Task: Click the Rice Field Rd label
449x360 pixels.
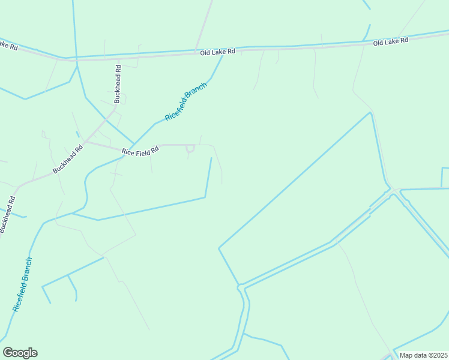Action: click(x=140, y=151)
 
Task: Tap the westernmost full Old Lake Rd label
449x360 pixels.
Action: click(x=217, y=53)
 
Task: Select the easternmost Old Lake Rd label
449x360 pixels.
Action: click(x=390, y=42)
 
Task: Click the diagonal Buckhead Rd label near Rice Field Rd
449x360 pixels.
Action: click(x=67, y=159)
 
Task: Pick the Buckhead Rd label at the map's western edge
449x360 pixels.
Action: click(x=7, y=214)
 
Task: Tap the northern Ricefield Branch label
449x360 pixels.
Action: click(x=186, y=101)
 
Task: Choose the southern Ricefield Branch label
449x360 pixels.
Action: click(x=22, y=284)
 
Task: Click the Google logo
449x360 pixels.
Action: click(x=20, y=353)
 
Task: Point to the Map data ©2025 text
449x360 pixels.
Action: click(x=423, y=355)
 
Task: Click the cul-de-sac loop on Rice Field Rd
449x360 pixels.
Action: click(x=190, y=148)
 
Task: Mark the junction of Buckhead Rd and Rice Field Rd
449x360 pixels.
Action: click(x=86, y=142)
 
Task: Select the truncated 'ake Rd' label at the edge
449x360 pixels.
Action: click(x=8, y=44)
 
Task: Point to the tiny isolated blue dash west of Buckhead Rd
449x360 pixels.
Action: click(x=77, y=134)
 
